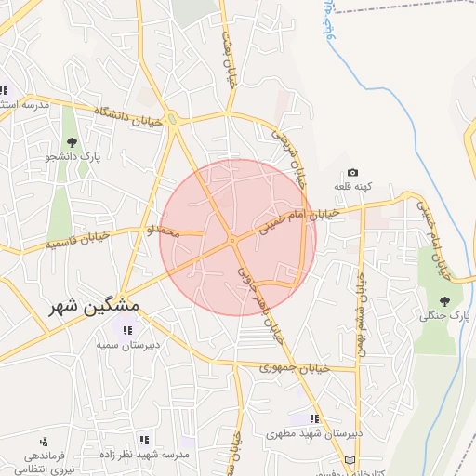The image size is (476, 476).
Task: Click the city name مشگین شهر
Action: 95,306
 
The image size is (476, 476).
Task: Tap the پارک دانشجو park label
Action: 73,157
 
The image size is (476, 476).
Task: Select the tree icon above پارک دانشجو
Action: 72,141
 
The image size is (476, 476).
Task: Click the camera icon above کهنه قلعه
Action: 352,172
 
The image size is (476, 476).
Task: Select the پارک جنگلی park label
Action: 443,316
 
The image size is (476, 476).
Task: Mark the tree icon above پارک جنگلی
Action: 443,300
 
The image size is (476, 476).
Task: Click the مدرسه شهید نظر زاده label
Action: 144,455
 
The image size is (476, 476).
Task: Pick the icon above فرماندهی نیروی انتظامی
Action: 44,442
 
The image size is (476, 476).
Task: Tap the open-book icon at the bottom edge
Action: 350,460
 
